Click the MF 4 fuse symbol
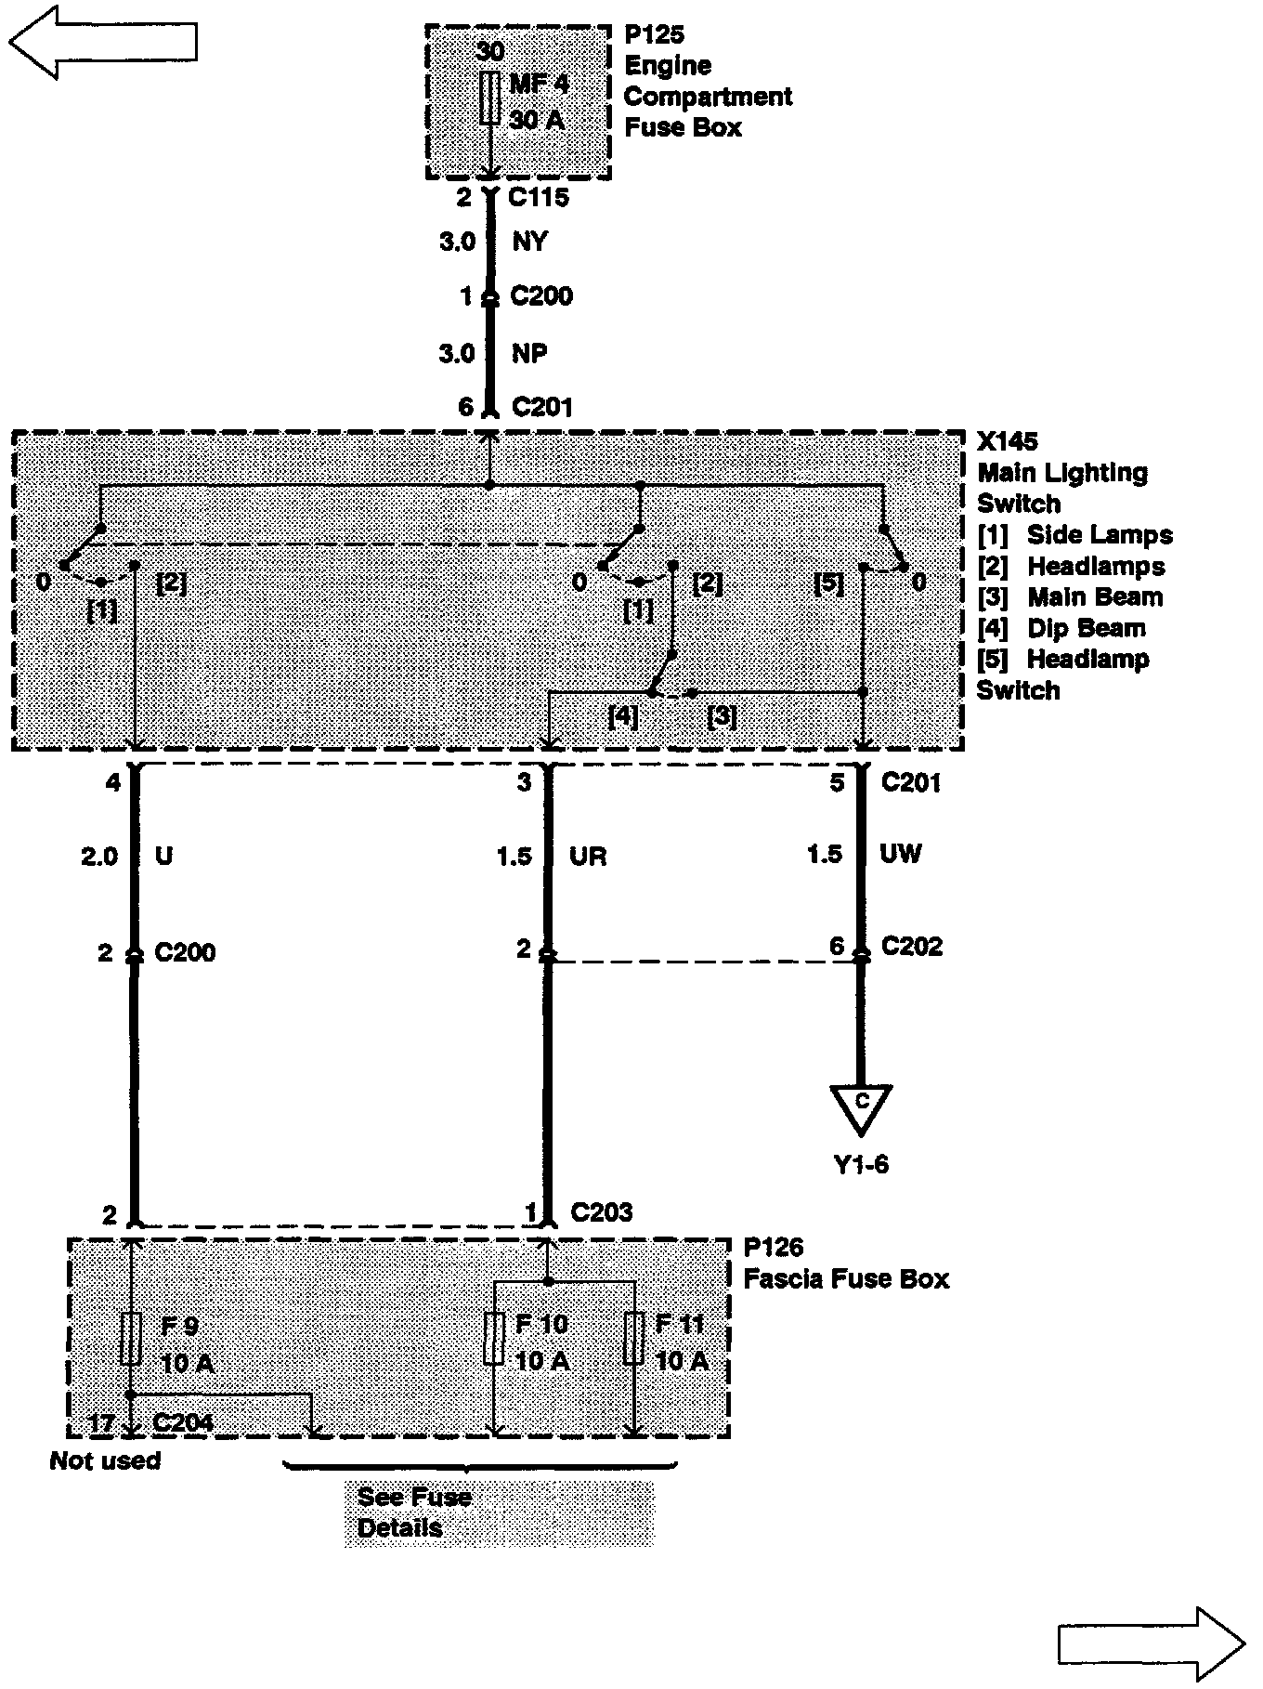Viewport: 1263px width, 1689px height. point(489,98)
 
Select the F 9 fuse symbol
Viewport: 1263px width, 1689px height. point(131,1338)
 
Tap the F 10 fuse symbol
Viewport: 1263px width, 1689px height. point(494,1338)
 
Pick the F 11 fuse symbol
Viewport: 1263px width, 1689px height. point(634,1338)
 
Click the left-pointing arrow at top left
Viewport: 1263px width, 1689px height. point(102,41)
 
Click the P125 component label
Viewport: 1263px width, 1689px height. point(654,35)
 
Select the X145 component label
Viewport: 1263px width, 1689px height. point(1008,441)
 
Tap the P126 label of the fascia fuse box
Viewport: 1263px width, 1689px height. point(774,1248)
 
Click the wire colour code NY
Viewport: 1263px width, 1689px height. point(530,242)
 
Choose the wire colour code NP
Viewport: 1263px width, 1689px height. point(529,353)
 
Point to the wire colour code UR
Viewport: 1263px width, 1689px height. point(588,856)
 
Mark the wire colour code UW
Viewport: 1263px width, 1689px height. point(900,854)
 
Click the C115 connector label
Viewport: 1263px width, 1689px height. point(539,197)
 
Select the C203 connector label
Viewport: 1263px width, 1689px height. point(602,1212)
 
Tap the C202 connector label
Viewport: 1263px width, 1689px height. point(911,946)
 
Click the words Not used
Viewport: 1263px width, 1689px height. point(105,1460)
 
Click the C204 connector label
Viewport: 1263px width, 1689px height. point(183,1422)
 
